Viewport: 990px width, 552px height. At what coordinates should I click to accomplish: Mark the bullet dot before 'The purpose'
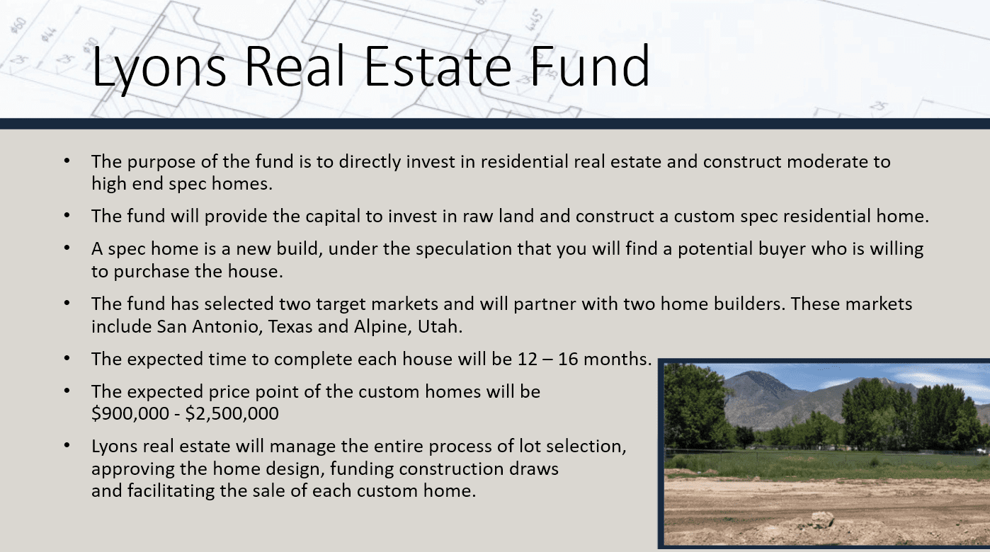(x=67, y=161)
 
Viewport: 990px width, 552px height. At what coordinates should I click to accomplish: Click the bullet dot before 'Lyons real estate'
(x=67, y=446)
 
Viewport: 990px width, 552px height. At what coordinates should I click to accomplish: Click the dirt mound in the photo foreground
(x=821, y=522)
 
